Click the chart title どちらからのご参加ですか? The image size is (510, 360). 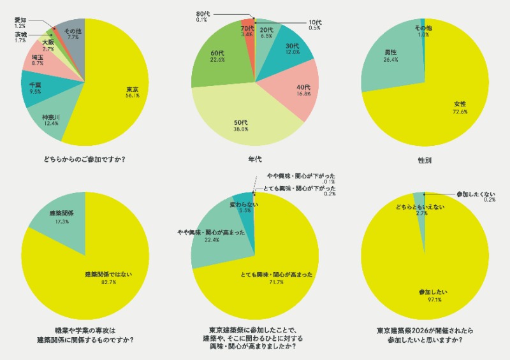point(85,158)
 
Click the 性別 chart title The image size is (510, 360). point(424,158)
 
